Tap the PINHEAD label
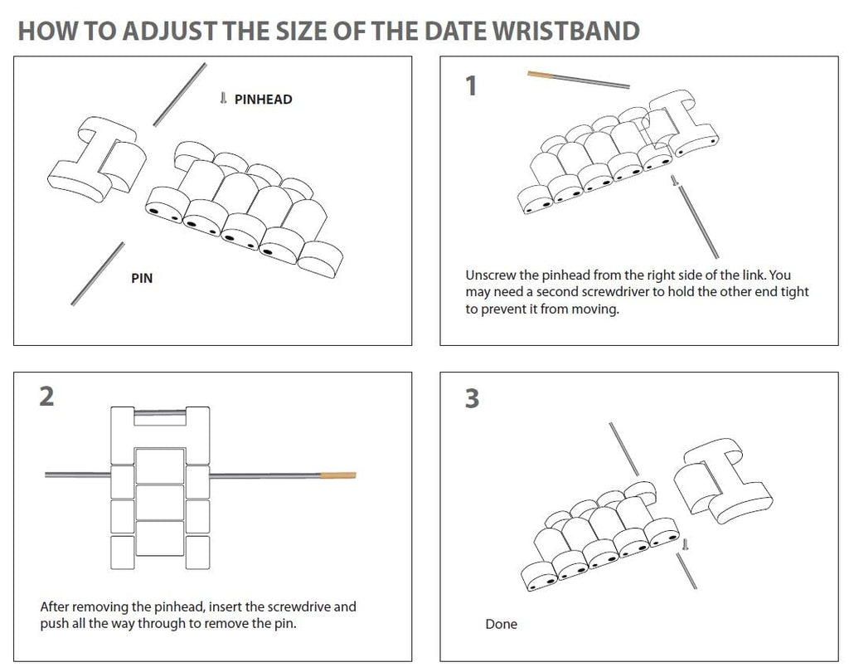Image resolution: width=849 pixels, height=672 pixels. [263, 100]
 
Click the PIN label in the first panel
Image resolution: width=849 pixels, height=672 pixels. [142, 278]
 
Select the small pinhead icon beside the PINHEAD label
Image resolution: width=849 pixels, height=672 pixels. [223, 98]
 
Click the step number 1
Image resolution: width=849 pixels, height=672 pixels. [471, 86]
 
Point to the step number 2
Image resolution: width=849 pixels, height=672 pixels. [47, 397]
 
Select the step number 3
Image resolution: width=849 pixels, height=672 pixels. [472, 398]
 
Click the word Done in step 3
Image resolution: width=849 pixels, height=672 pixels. [501, 625]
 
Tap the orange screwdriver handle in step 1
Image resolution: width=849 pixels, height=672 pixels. [540, 75]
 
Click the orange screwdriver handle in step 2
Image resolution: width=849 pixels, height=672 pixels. [338, 476]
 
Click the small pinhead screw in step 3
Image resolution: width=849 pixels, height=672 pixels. [685, 544]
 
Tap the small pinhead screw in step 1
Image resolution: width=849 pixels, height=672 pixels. [674, 181]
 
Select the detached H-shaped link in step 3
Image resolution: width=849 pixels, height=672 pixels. [723, 481]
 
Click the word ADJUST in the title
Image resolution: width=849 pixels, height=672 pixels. [170, 31]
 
